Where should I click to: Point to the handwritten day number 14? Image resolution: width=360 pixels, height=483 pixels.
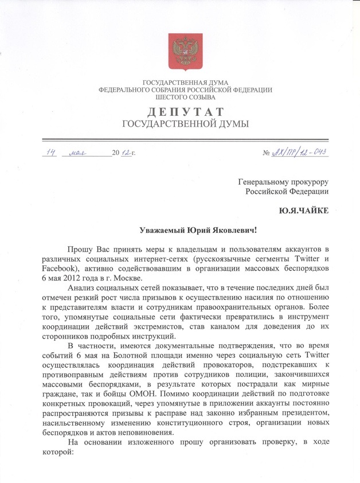pyautogui.click(x=52, y=151)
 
